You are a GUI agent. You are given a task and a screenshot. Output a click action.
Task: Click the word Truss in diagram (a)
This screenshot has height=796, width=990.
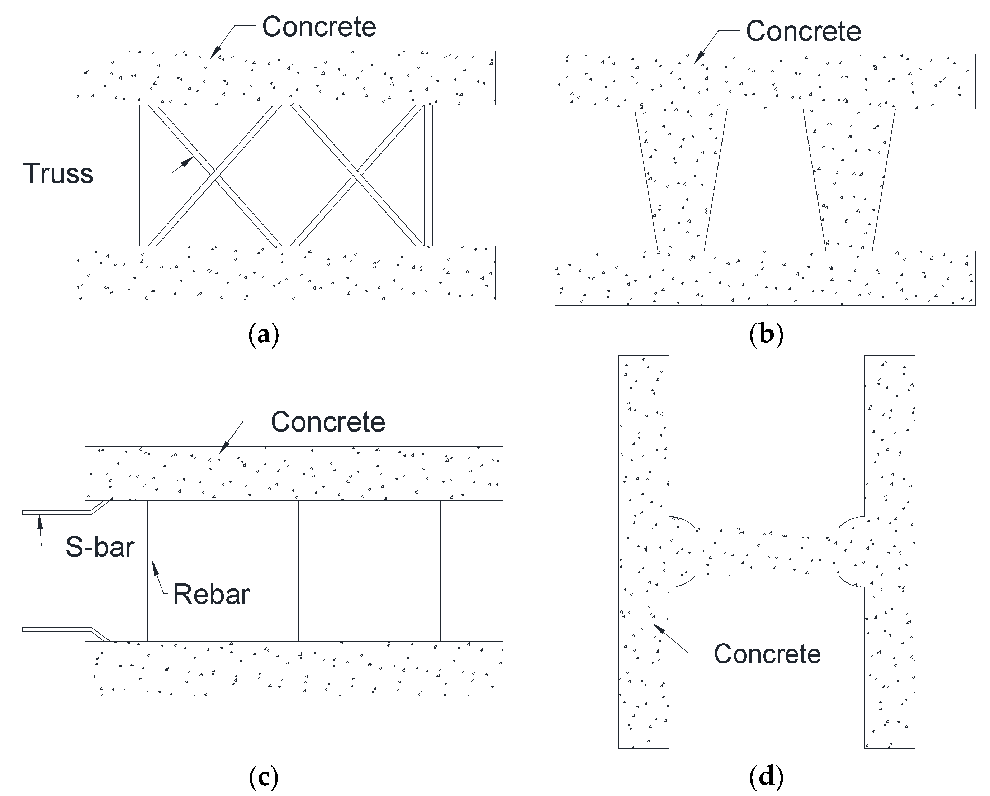[58, 173]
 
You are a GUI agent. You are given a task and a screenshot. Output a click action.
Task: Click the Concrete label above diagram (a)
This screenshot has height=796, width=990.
[319, 27]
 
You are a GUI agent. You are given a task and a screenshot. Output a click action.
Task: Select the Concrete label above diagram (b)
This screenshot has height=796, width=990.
[803, 31]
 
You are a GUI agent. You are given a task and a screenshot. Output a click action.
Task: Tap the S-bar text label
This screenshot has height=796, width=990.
[100, 547]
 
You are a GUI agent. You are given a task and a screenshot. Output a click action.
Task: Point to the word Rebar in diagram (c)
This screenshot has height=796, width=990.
[211, 595]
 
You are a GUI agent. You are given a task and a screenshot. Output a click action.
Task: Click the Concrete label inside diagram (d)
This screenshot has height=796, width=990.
[767, 654]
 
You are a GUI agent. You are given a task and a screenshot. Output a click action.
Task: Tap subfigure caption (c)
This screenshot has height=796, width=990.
[264, 777]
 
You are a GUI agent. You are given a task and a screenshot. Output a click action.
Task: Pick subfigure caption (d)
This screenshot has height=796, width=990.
[766, 777]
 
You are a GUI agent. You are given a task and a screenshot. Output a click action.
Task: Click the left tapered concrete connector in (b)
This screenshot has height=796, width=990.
[681, 179]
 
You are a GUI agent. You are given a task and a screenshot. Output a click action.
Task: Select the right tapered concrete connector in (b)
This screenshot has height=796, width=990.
[849, 179]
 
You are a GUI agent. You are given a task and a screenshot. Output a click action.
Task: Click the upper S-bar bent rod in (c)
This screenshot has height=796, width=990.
[64, 512]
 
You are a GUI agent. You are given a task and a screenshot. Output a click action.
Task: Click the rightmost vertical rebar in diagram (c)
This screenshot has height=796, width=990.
[436, 571]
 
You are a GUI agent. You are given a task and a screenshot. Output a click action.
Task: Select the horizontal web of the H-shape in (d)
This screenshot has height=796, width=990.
[767, 552]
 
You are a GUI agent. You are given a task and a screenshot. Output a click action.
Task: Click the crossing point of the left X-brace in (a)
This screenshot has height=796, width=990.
[215, 175]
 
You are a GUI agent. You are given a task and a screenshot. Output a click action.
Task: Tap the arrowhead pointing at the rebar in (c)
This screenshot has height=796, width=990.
[155, 568]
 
